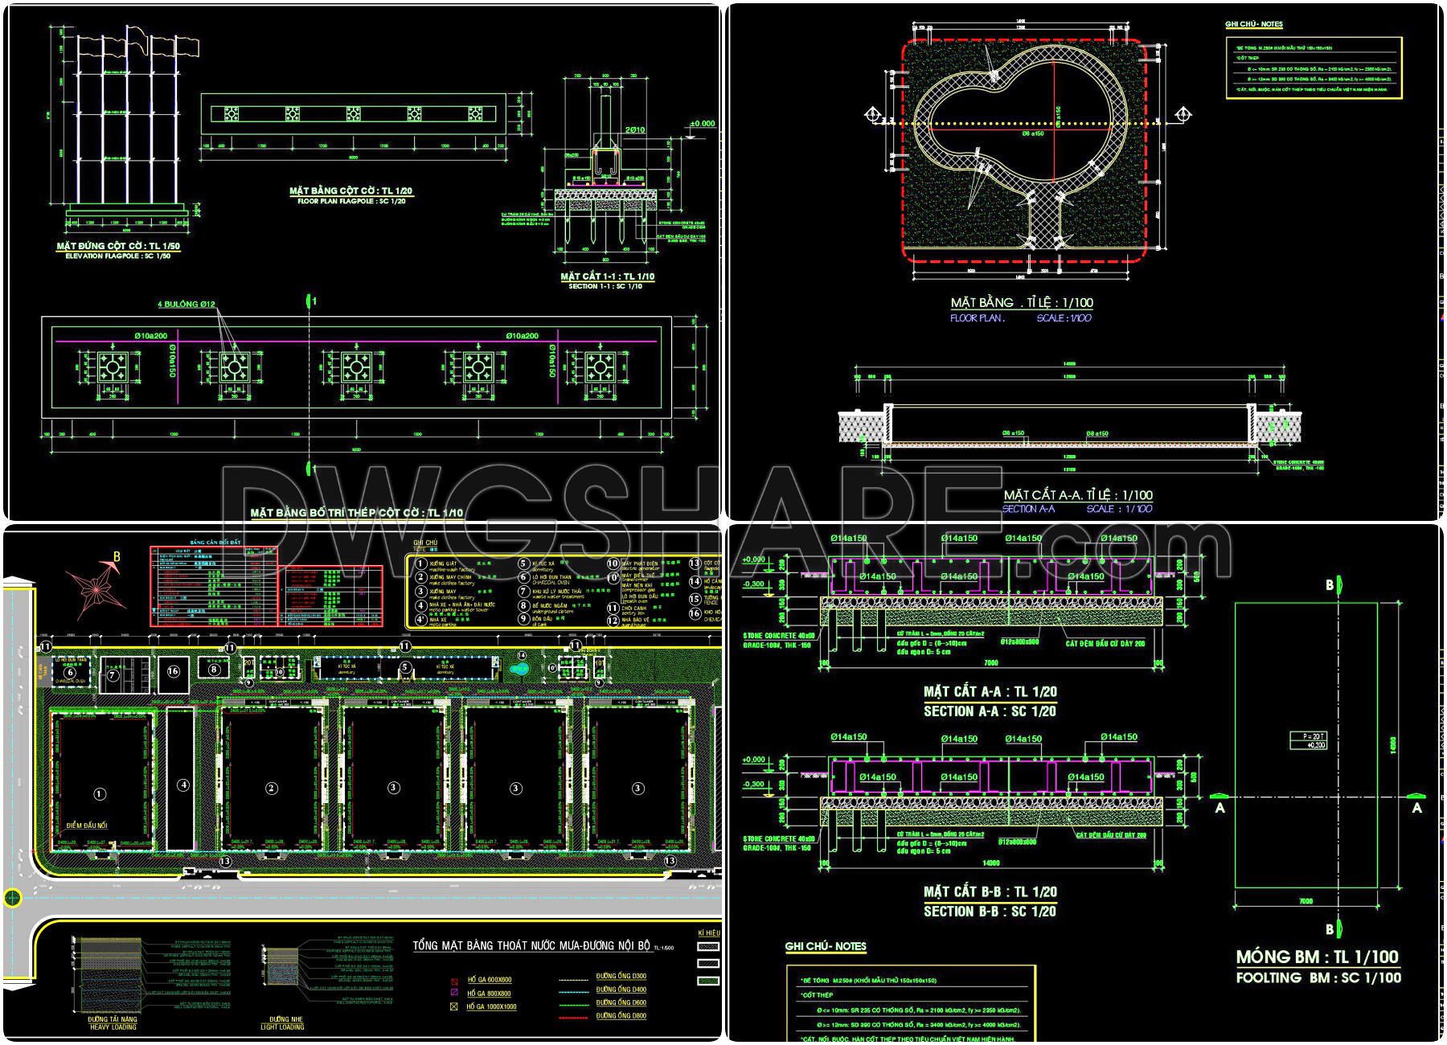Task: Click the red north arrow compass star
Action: [97, 590]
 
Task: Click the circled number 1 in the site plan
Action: [100, 794]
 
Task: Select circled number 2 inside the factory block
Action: [272, 788]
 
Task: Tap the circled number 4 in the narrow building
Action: [183, 785]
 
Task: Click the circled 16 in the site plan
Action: [173, 671]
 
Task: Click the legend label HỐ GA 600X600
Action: [489, 980]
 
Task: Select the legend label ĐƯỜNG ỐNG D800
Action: [621, 1016]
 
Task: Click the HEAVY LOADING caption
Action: [113, 1027]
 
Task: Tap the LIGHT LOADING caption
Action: [282, 1027]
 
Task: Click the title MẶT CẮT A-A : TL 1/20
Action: [990, 691]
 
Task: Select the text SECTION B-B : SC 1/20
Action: [990, 912]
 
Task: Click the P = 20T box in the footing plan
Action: [1308, 740]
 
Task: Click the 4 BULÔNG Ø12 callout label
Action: [186, 305]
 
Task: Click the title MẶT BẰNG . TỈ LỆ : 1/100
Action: [1021, 303]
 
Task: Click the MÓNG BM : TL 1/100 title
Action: [1317, 957]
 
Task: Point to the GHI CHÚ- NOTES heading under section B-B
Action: [826, 947]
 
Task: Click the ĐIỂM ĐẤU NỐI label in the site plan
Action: [87, 826]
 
